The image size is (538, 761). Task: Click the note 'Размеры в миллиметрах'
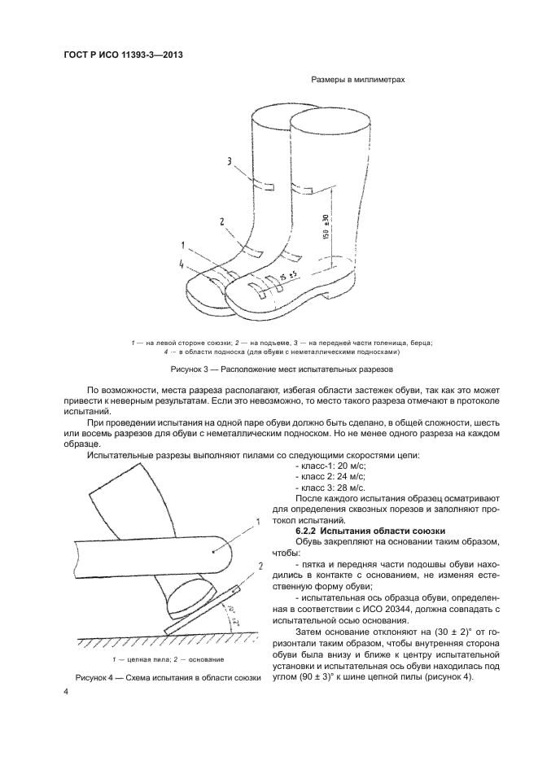358,80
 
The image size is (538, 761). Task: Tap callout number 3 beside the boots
230,162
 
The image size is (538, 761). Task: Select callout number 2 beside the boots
221,221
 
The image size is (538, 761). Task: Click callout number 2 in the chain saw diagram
259,588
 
